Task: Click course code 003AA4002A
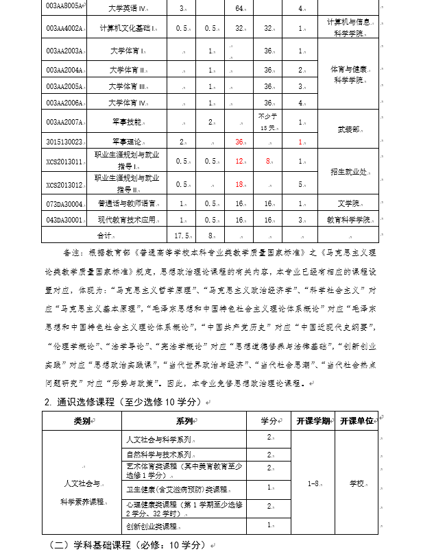(x=64, y=29)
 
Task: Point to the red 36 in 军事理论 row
(x=239, y=142)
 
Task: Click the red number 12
(x=239, y=162)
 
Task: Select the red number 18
(x=239, y=185)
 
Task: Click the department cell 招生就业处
(x=348, y=171)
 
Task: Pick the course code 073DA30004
(x=64, y=204)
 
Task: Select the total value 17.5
(x=182, y=236)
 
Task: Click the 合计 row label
(x=104, y=236)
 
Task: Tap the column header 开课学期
(x=313, y=420)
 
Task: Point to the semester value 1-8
(x=313, y=483)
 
